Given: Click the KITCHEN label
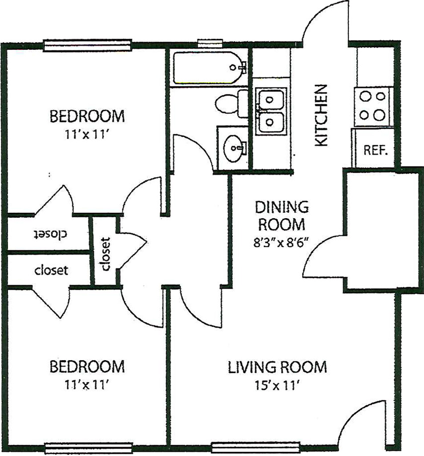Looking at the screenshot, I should point(321,115).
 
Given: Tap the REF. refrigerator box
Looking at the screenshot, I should point(376,149).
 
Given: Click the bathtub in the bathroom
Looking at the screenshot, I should point(209,68).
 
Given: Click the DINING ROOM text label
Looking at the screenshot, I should point(281,215).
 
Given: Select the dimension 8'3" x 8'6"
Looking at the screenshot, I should point(281,243).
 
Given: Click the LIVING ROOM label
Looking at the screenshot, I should point(277,367).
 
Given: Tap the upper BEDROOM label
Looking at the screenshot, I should point(87,117).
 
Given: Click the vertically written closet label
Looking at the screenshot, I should point(105,254).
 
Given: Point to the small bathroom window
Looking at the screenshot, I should point(210,43).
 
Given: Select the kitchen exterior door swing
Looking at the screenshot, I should point(325,22).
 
